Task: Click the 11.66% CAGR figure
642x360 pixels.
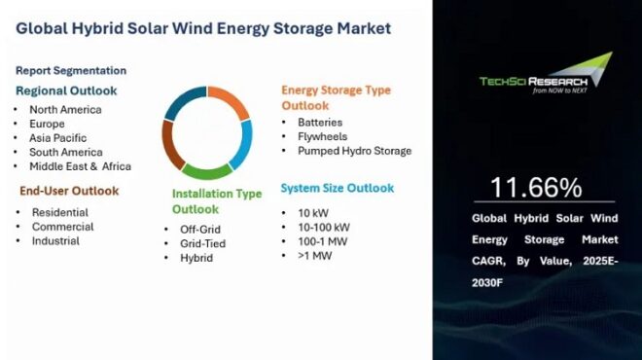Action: [536, 187]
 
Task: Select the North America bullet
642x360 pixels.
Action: [65, 109]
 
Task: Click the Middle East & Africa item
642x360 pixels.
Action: [79, 166]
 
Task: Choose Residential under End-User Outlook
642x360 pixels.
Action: [59, 212]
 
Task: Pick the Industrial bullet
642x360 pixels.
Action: [55, 240]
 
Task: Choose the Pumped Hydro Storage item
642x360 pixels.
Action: [347, 151]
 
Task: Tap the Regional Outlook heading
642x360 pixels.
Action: [67, 90]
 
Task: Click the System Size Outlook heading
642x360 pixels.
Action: [338, 188]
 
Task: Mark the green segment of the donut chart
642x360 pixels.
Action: [207, 172]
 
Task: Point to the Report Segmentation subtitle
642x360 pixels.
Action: [71, 70]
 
